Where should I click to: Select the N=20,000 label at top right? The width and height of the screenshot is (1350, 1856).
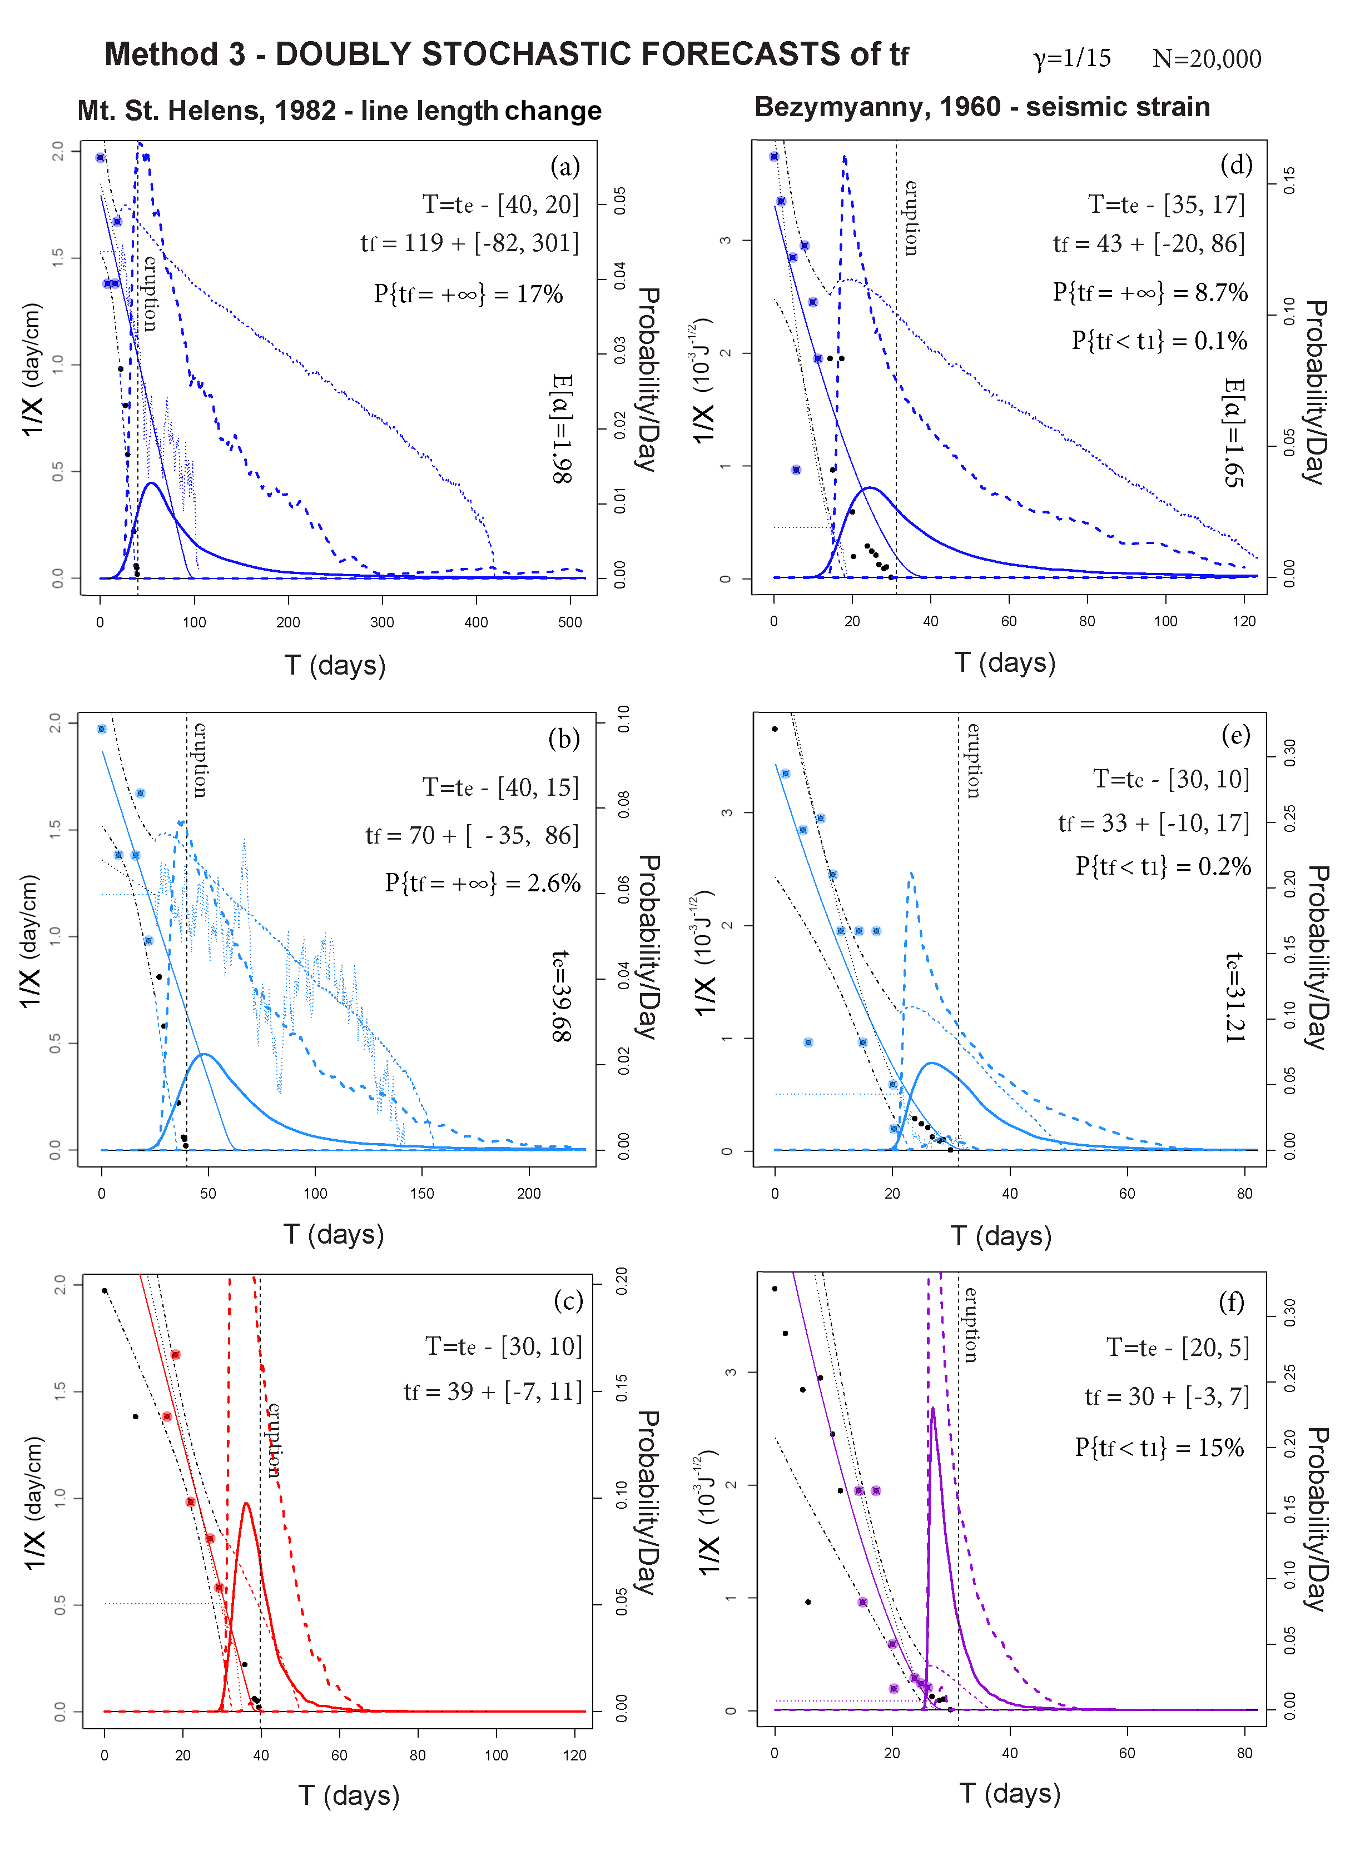[x=1206, y=58]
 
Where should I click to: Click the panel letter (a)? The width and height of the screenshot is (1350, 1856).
[x=565, y=166]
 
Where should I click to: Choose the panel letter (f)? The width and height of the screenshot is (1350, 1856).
[x=1232, y=1301]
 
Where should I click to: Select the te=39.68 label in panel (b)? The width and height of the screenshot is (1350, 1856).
[x=562, y=995]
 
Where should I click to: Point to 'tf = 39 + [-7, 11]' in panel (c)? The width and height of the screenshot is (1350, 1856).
[x=493, y=1391]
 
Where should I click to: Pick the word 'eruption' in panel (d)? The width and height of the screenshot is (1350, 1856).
[x=910, y=218]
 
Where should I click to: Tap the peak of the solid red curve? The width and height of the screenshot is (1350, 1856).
[x=246, y=1503]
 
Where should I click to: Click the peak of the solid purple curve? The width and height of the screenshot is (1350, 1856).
[x=932, y=1408]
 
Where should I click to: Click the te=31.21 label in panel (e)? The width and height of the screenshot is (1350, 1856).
[x=1234, y=997]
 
